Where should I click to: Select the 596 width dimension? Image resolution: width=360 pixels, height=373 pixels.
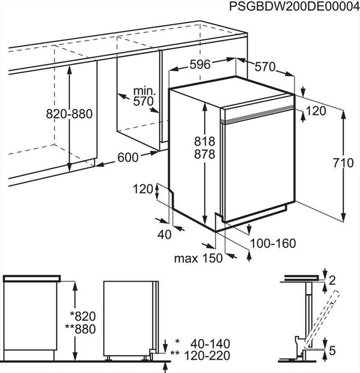pyautogui.click(x=200, y=64)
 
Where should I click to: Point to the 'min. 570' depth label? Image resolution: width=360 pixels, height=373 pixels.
pyautogui.click(x=143, y=96)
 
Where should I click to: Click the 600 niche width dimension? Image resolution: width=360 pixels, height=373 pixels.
pyautogui.click(x=127, y=157)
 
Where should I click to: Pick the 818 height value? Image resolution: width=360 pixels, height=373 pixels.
pyautogui.click(x=204, y=141)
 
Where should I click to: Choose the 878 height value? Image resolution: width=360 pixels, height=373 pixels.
pyautogui.click(x=204, y=154)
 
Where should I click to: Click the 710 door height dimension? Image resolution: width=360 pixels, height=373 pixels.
pyautogui.click(x=343, y=163)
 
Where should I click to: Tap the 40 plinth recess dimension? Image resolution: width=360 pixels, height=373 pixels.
pyautogui.click(x=165, y=235)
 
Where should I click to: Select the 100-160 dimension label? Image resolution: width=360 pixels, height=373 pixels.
pyautogui.click(x=273, y=243)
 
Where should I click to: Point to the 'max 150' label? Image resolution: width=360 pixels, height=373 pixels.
pyautogui.click(x=198, y=258)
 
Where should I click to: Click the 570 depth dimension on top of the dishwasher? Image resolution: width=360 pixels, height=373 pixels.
pyautogui.click(x=265, y=67)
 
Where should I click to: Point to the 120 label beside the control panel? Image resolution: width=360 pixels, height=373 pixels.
pyautogui.click(x=315, y=111)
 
